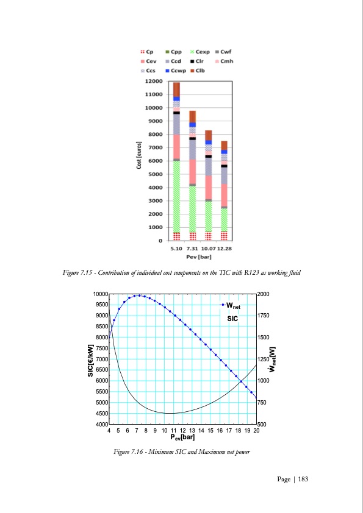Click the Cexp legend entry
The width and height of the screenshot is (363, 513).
202,52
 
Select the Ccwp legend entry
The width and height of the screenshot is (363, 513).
178,71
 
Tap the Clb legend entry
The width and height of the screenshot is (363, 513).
202,71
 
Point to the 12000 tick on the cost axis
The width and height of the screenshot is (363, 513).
153,81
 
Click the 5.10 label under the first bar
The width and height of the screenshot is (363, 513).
176,249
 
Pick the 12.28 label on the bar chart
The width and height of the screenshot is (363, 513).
225,249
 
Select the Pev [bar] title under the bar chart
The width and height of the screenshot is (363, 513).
200,256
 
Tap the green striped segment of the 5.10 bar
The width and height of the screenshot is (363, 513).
176,195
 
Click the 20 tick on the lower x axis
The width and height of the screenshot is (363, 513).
256,431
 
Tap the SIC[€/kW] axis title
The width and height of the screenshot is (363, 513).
90,359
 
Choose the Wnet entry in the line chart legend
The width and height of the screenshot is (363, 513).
232,305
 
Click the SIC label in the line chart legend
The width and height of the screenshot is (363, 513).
232,318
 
